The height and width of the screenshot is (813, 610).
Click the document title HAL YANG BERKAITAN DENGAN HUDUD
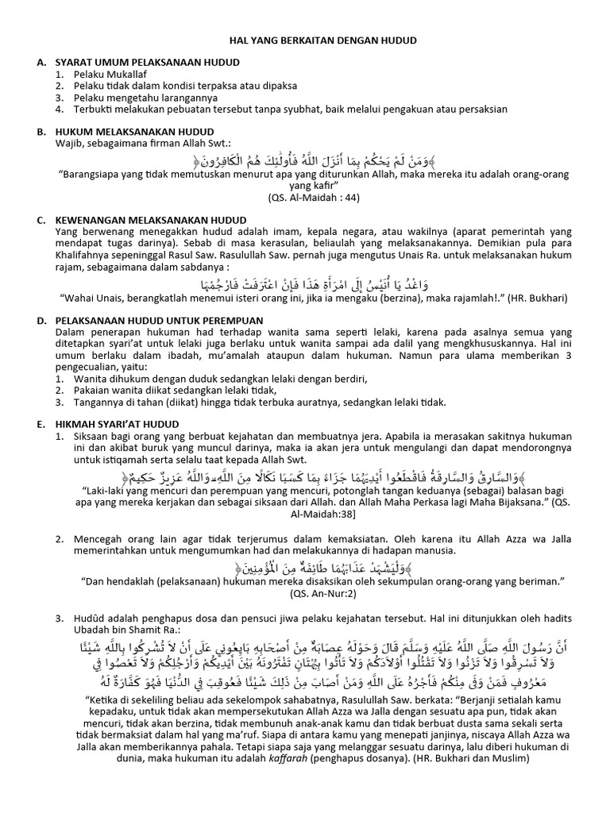point(305,39)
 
